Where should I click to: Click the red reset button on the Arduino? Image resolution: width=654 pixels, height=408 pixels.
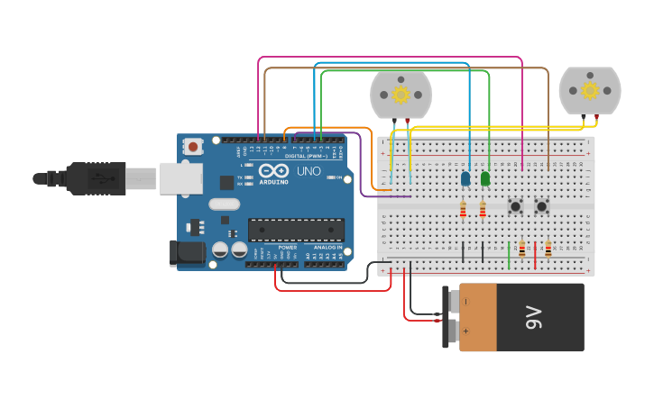[x=193, y=146]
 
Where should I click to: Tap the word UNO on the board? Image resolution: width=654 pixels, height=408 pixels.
[x=309, y=170]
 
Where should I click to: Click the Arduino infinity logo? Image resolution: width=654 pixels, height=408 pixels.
[x=273, y=169]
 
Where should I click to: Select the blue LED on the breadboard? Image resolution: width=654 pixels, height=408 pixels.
[x=465, y=179]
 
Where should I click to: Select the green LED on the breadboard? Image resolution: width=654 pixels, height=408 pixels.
[x=485, y=179]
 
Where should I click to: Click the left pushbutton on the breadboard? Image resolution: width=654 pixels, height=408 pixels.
[x=515, y=206]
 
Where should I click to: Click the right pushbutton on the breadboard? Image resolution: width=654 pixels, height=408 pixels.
[x=541, y=206]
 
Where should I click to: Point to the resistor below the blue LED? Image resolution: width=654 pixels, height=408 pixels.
[x=463, y=210]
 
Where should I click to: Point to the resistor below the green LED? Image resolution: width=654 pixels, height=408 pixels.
[x=483, y=210]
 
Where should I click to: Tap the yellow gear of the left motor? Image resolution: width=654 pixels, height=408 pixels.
[x=400, y=94]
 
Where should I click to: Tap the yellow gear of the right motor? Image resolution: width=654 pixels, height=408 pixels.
[x=590, y=90]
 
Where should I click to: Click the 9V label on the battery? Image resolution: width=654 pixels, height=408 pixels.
[x=532, y=317]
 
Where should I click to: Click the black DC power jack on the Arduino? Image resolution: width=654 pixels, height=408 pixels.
[x=188, y=252]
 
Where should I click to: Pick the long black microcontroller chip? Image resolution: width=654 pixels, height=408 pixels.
[x=296, y=230]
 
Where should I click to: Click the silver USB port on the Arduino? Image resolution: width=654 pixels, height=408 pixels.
[x=181, y=178]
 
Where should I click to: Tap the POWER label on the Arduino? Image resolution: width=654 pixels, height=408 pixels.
[x=287, y=247]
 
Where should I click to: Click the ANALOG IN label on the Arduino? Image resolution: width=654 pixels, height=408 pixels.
[x=327, y=247]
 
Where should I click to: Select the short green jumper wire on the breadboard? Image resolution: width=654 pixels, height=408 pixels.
[x=509, y=254]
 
